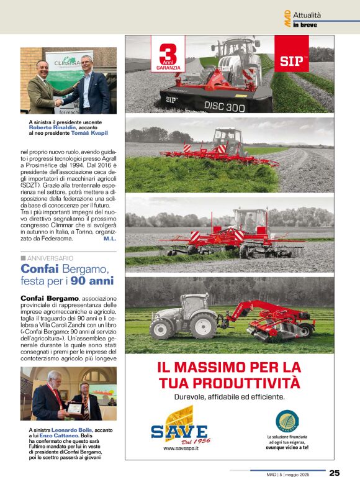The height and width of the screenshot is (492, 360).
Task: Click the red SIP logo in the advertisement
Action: tap(291, 60)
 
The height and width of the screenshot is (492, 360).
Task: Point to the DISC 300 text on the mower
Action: tap(225, 106)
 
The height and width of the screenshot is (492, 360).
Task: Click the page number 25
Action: tap(335, 473)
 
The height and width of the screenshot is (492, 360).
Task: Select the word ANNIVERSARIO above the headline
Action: tap(50, 258)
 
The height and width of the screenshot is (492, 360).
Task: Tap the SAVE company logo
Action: tap(179, 429)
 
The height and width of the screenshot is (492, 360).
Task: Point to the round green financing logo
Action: tap(287, 421)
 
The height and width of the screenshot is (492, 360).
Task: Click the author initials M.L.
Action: tap(110, 239)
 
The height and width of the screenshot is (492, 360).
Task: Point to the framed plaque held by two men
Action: tap(76, 408)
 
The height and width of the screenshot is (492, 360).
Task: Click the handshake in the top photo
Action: tap(60, 101)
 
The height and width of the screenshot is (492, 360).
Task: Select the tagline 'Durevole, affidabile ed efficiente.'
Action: tap(229, 396)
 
